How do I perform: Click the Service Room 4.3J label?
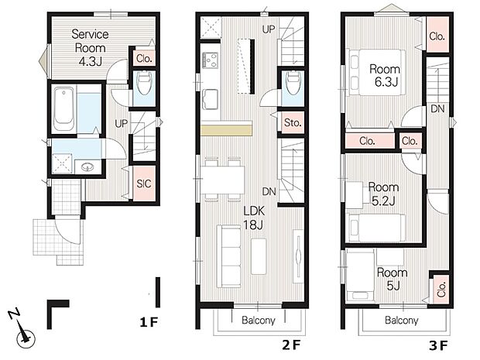(90, 47)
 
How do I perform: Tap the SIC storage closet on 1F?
(144, 183)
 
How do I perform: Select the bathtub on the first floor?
(63, 109)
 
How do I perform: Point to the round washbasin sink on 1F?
(88, 167)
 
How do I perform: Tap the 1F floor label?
(149, 322)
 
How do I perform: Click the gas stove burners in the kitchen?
(211, 60)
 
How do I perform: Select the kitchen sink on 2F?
(210, 98)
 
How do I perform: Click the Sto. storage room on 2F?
(293, 122)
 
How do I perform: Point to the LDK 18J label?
(254, 218)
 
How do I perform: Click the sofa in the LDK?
(228, 256)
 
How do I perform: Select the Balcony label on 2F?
(259, 321)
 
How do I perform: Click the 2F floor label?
(291, 345)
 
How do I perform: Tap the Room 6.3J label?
(385, 75)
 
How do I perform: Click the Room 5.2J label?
(383, 194)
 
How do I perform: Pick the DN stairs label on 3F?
(437, 108)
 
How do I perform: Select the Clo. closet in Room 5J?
(441, 290)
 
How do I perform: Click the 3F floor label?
(438, 345)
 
